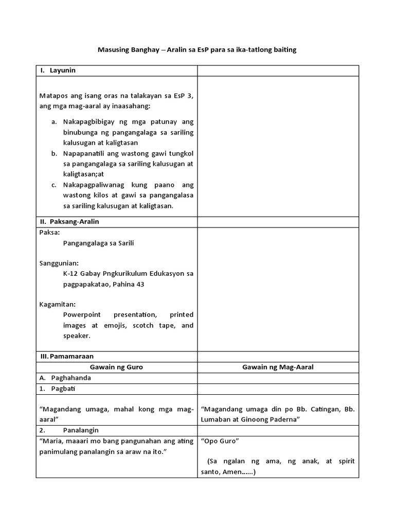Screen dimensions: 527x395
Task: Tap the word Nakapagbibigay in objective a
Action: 87,122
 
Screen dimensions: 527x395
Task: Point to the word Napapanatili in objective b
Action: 85,153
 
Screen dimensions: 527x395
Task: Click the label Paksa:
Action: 49,232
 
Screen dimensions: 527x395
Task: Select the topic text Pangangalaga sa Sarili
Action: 98,243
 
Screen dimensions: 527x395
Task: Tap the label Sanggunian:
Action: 59,263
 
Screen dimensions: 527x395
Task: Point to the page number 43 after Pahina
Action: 139,284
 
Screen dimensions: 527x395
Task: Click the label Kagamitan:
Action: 57,305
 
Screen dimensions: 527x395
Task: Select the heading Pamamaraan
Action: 71,356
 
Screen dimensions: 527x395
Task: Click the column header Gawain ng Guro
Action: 116,367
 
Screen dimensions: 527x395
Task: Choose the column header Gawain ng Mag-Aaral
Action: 278,367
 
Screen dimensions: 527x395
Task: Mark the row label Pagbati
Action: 63,388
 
